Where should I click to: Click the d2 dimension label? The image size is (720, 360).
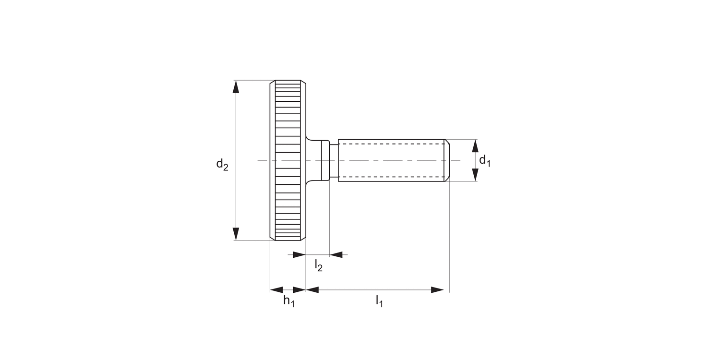point(222,165)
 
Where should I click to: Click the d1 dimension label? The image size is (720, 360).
point(485,160)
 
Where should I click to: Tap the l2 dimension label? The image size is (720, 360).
point(318,265)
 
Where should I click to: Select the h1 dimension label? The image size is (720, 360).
point(288,301)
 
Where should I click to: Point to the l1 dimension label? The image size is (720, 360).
point(379,301)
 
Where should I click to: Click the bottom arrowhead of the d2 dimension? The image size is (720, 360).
point(235,234)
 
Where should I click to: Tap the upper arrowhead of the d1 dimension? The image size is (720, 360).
point(475,145)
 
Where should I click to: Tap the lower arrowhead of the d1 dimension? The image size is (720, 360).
point(475,175)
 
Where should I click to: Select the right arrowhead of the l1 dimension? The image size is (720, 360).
point(437,290)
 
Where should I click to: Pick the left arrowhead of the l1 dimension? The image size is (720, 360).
point(312,290)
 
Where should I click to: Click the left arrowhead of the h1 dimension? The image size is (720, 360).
point(276,290)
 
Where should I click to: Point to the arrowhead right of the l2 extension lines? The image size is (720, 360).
point(336,254)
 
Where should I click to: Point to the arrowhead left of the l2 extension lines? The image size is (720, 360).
point(300,254)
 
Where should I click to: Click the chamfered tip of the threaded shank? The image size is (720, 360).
point(447,160)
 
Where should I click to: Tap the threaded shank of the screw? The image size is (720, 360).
point(391,160)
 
